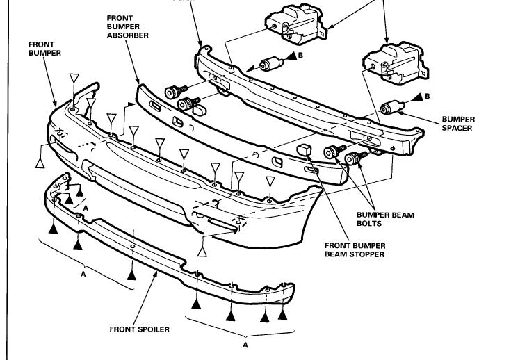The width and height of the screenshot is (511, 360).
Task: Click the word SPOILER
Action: point(154,329)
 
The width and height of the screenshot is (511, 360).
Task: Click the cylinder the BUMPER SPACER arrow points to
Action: point(394,108)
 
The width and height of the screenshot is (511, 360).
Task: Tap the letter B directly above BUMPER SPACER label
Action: point(427,95)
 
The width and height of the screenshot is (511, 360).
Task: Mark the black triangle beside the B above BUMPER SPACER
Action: point(416,95)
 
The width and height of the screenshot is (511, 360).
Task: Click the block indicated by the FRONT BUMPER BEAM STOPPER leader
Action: point(304,150)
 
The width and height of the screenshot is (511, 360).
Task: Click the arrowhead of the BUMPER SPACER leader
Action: point(405,110)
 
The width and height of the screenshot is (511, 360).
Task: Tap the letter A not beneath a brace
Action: point(86,206)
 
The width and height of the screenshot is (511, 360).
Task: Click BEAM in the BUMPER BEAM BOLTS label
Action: point(401,215)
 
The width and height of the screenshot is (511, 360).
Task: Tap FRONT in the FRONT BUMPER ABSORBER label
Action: point(120,17)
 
